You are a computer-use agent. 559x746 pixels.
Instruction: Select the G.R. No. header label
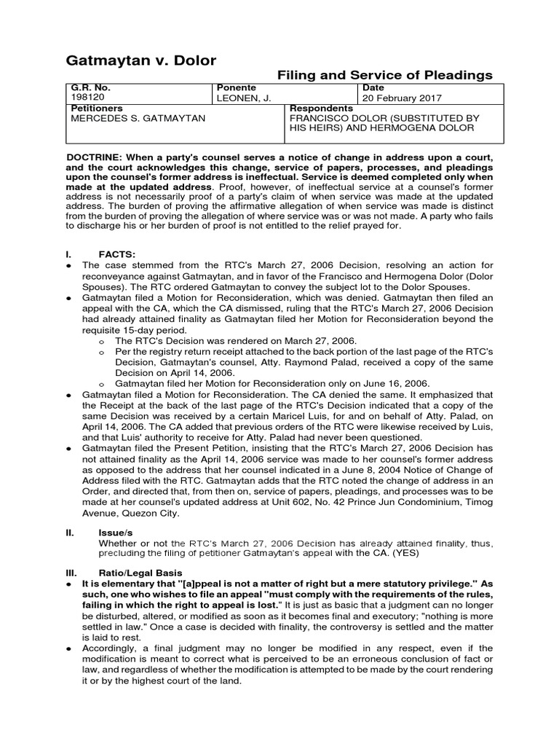click(91, 87)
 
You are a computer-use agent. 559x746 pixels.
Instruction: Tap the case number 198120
click(85, 98)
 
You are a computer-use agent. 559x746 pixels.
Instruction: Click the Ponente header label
click(237, 87)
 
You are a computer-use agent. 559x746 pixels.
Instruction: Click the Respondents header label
click(321, 108)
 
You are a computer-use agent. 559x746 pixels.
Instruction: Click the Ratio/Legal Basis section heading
click(142, 573)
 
